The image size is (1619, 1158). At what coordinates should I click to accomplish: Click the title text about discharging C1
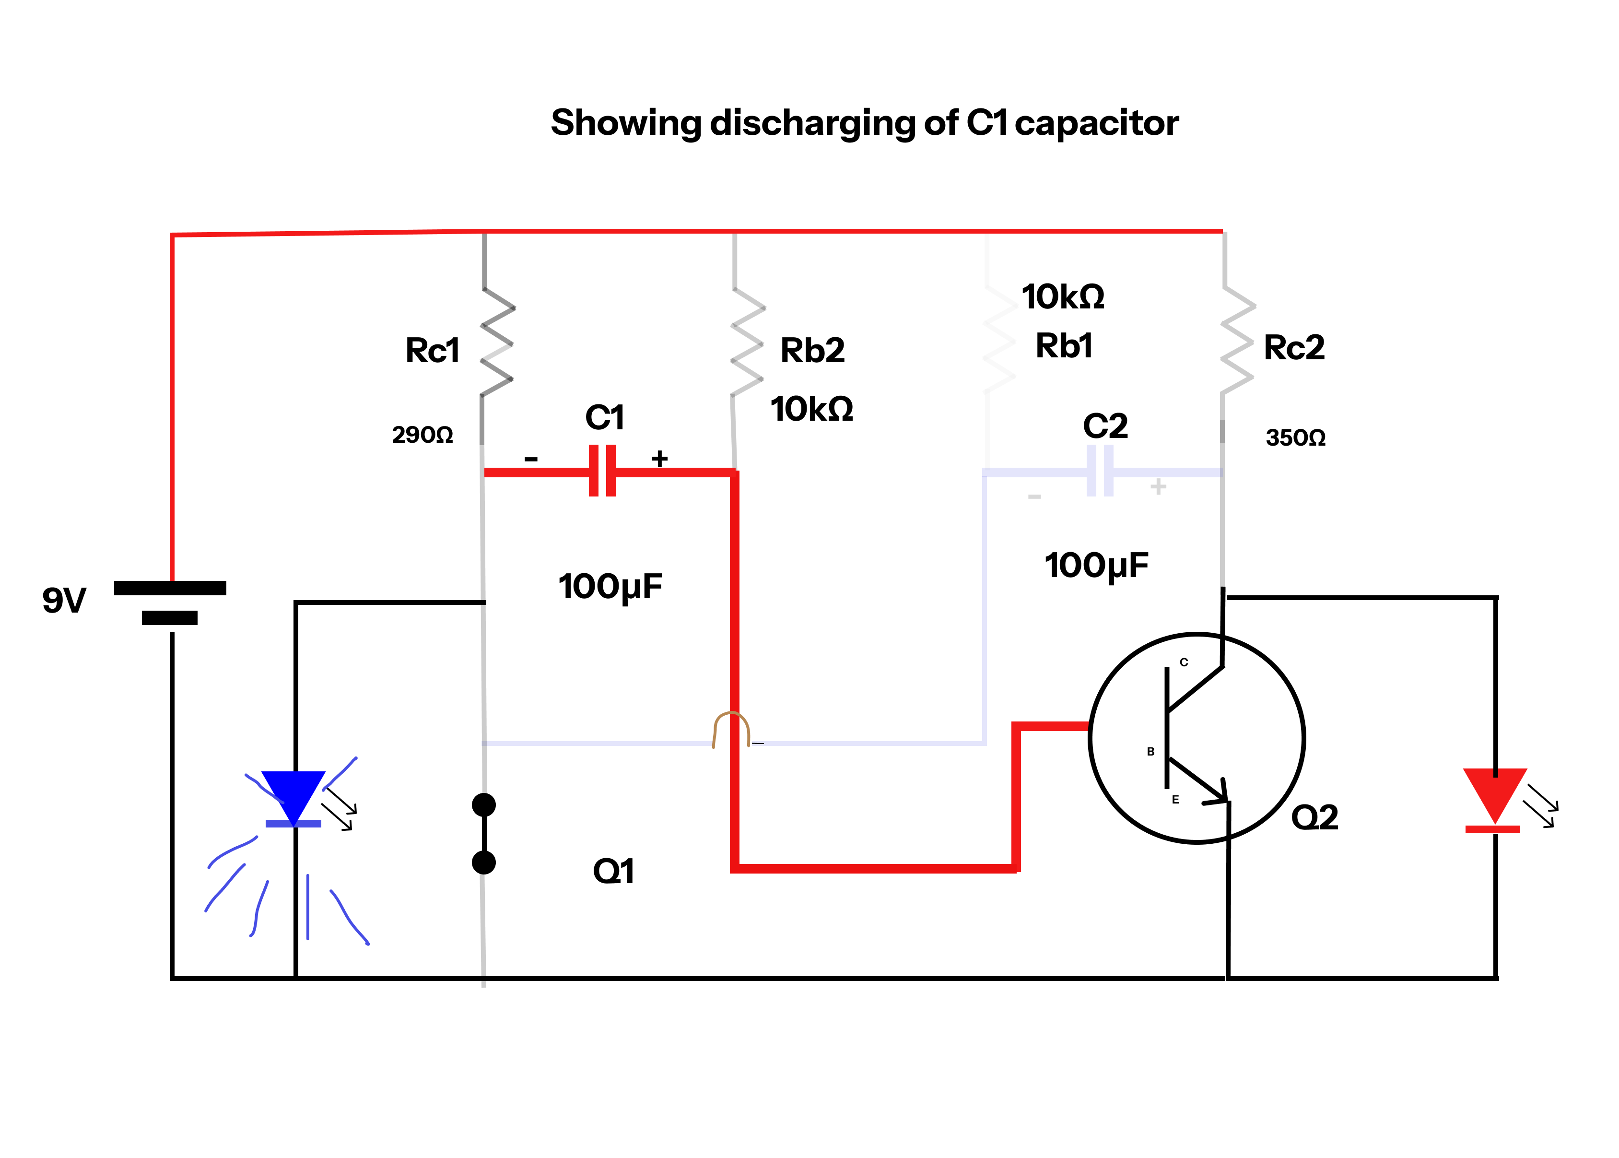coord(864,123)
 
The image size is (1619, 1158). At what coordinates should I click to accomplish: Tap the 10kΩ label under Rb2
coord(811,409)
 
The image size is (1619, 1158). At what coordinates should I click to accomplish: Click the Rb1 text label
coord(1064,346)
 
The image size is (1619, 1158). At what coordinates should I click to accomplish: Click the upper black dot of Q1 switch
coord(483,805)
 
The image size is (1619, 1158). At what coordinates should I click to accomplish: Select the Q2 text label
coord(1314,817)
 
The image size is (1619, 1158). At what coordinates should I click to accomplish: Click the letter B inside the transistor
coord(1150,752)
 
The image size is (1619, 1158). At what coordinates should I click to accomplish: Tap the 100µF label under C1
coord(610,587)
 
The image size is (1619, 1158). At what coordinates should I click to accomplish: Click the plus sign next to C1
coord(659,459)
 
